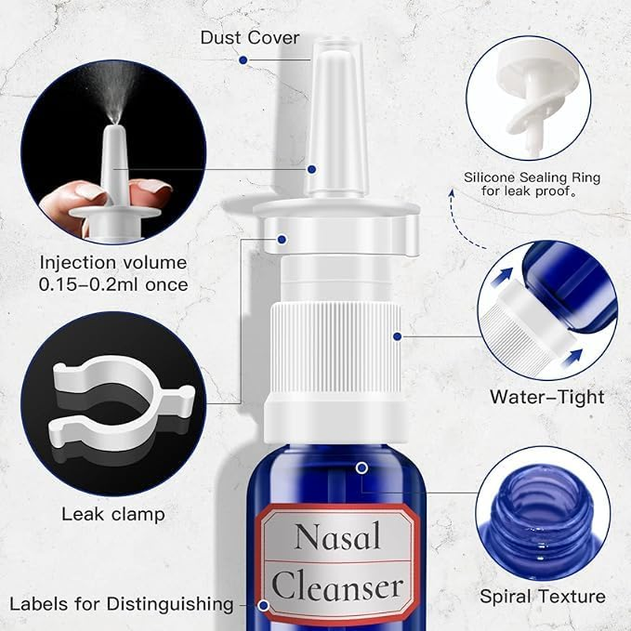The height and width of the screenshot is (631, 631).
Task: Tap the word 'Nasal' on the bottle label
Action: click(x=338, y=537)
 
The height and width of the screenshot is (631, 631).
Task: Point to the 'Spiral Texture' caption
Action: click(x=542, y=596)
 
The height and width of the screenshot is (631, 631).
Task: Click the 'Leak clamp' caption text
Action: click(x=113, y=514)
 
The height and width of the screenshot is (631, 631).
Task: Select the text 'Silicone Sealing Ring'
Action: click(x=532, y=177)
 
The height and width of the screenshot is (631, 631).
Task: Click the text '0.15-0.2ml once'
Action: click(x=114, y=284)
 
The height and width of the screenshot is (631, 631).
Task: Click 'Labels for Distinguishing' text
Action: click(x=121, y=604)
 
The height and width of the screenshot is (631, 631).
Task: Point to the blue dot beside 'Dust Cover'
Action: click(x=244, y=59)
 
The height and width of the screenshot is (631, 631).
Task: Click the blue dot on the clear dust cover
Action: click(x=312, y=169)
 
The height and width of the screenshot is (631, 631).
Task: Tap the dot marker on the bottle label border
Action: click(x=264, y=607)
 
